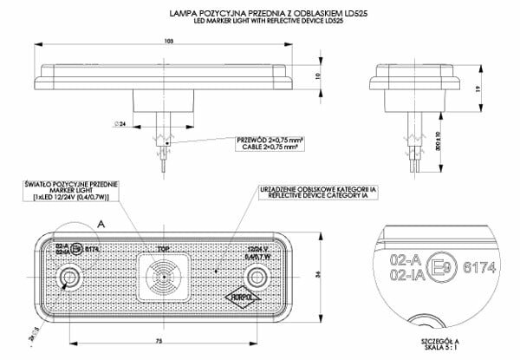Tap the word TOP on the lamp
click(x=163, y=248)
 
